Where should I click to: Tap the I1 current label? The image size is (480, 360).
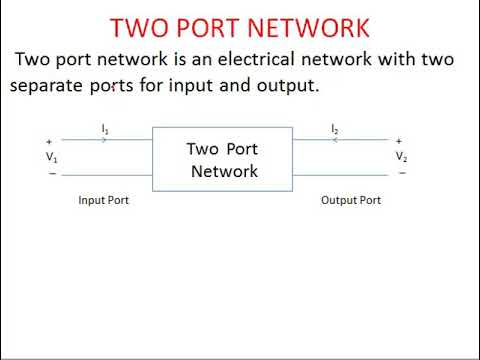pyautogui.click(x=105, y=129)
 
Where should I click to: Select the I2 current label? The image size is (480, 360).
pyautogui.click(x=335, y=129)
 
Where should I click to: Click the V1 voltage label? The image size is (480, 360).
pyautogui.click(x=51, y=157)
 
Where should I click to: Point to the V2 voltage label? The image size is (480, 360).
pyautogui.click(x=400, y=157)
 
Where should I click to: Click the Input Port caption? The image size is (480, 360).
pyautogui.click(x=103, y=200)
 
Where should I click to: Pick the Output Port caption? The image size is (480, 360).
pyautogui.click(x=350, y=200)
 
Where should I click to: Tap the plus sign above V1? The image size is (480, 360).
pyautogui.click(x=49, y=141)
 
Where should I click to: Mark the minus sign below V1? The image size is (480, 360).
pyautogui.click(x=50, y=173)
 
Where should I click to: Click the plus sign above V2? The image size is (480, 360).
pyautogui.click(x=399, y=141)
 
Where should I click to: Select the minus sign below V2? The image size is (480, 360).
pyautogui.click(x=400, y=173)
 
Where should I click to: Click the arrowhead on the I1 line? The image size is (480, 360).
pyautogui.click(x=105, y=140)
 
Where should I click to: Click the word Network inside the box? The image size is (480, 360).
pyautogui.click(x=224, y=171)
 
